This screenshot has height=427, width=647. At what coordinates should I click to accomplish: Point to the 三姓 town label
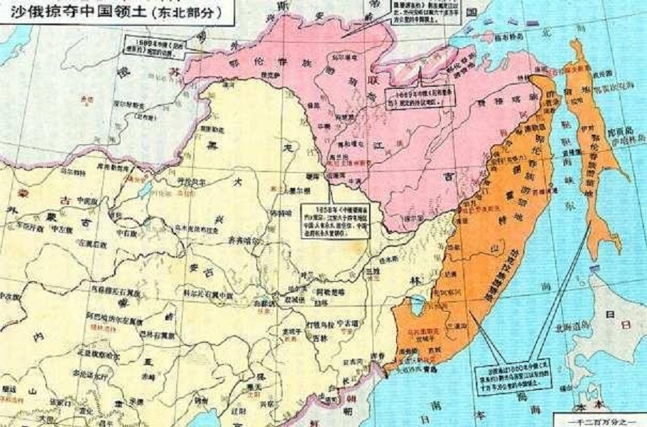pyautogui.click(x=370, y=271)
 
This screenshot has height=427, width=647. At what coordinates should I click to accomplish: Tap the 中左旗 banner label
pyautogui.click(x=62, y=228)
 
